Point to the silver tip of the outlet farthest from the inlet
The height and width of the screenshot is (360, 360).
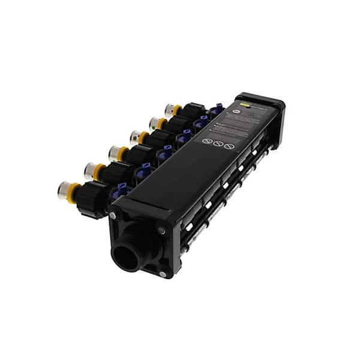coord(170,109)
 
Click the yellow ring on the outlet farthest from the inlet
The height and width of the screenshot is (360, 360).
coord(178,110)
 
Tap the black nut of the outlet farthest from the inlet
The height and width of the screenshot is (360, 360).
coord(193,111)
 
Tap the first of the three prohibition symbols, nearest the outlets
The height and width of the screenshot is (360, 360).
coord(206,142)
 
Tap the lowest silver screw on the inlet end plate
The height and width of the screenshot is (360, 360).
coord(162,275)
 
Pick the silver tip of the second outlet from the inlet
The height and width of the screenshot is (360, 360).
coord(89,171)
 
